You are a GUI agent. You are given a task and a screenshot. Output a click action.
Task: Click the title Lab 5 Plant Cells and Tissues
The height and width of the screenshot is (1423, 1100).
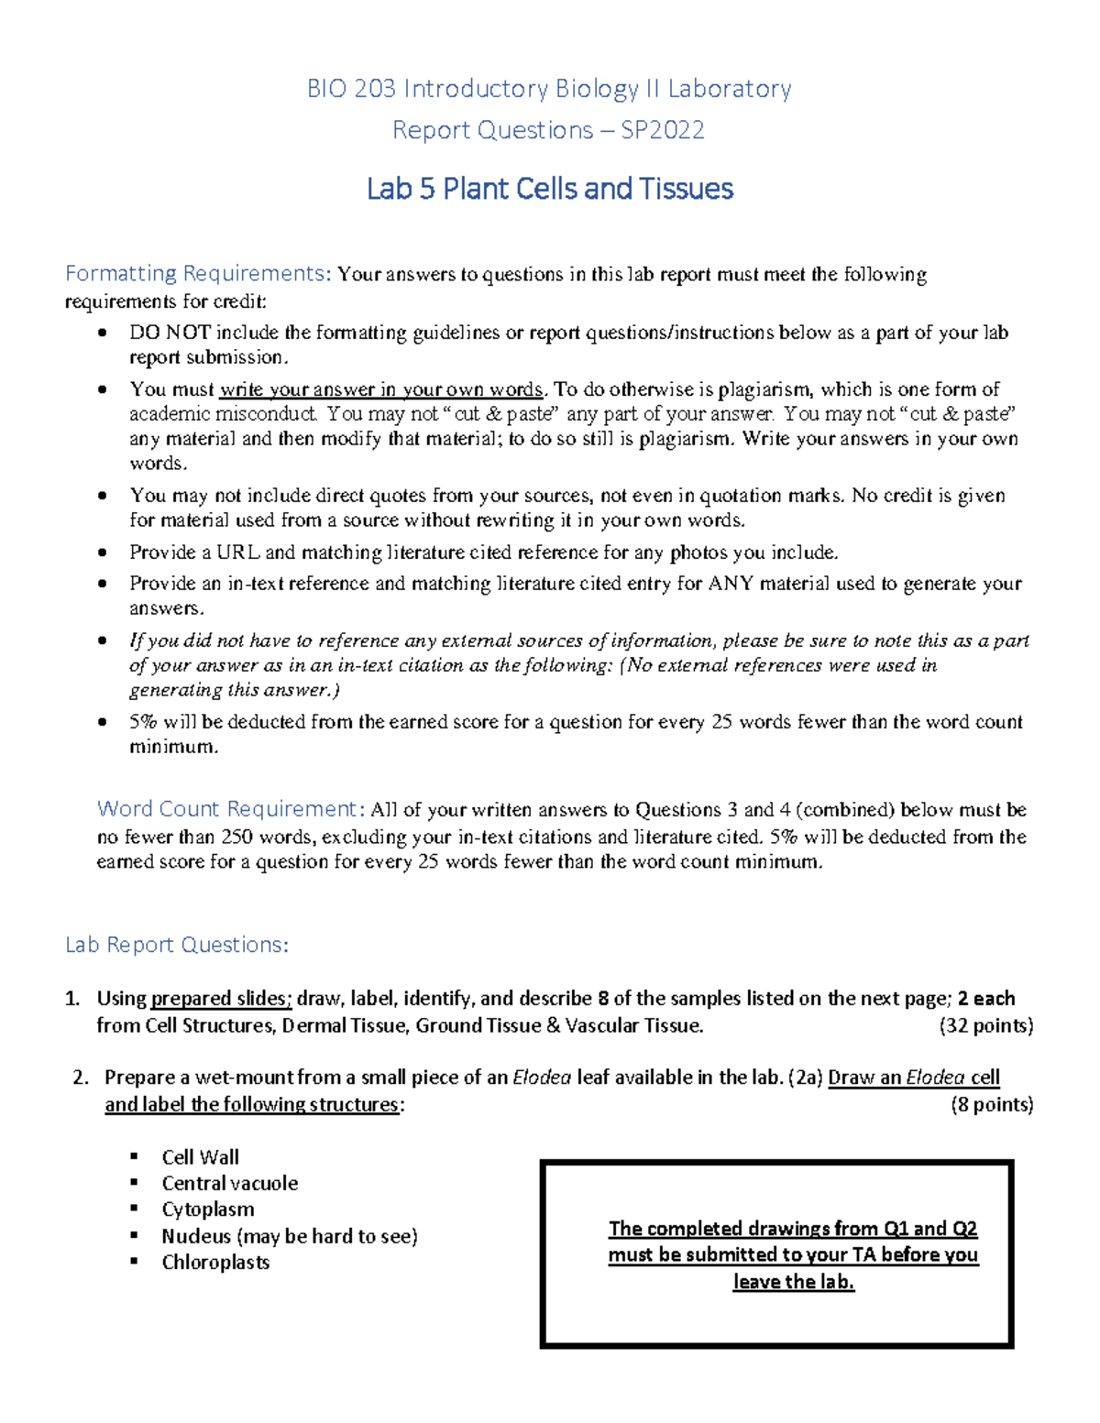pos(550,189)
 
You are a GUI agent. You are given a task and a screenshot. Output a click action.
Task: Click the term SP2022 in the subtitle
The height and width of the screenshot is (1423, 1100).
pos(663,130)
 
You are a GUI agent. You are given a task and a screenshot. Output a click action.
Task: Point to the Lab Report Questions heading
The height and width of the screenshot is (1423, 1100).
pos(177,945)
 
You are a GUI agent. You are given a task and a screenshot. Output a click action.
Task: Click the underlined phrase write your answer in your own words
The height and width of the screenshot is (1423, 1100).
pos(382,389)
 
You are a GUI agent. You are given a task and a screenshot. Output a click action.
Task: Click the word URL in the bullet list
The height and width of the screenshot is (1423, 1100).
pos(237,553)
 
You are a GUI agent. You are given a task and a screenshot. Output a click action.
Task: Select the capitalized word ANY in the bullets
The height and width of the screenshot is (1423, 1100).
pos(731,584)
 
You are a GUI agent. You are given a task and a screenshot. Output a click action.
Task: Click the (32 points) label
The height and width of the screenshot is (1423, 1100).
pos(986,1025)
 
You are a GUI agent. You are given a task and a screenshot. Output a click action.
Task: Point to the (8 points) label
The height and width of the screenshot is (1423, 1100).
pos(992,1104)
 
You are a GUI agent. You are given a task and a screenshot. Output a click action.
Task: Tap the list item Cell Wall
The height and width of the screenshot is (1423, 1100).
pos(200,1157)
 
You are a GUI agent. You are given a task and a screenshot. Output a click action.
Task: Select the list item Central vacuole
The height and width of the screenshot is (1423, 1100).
pos(229,1183)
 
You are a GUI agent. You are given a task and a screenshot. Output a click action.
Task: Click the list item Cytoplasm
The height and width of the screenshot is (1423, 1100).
pos(208,1210)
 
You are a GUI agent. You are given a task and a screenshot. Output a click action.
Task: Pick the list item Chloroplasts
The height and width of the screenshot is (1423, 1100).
pos(215,1262)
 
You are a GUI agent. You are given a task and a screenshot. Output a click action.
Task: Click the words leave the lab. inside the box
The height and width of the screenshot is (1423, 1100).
pos(793,1282)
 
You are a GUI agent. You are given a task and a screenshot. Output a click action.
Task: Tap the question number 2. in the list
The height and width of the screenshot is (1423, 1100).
pos(81,1078)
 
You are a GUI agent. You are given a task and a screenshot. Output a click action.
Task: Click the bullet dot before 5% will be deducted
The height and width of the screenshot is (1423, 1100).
pos(104,722)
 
